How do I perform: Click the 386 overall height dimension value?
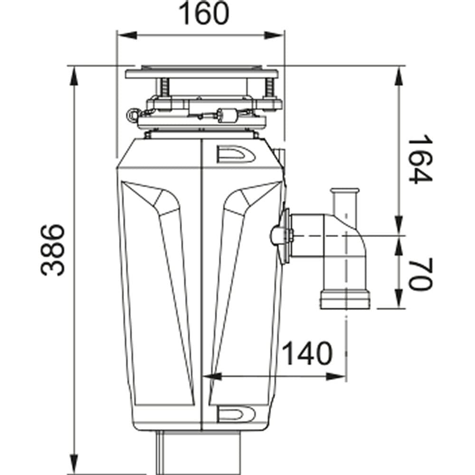click(x=53, y=250)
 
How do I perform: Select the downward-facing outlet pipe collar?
click(x=345, y=298)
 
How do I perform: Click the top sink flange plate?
click(x=202, y=74)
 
